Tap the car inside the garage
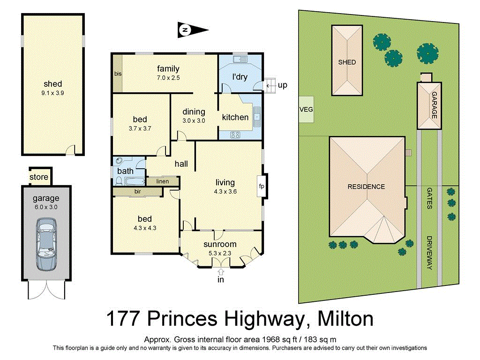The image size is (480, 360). [x=46, y=246]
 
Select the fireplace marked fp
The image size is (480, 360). [x=262, y=186]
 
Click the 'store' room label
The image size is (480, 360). [x=39, y=177]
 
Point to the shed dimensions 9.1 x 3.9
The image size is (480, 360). [x=53, y=93]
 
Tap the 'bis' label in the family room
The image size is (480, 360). [x=117, y=74]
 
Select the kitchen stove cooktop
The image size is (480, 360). [x=235, y=135]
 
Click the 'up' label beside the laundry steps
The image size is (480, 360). [x=282, y=85]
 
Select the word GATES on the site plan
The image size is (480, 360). [x=429, y=198]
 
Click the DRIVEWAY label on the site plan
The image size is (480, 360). [x=429, y=253]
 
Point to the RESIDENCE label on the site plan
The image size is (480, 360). [x=366, y=187]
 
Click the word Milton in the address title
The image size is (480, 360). [x=345, y=320]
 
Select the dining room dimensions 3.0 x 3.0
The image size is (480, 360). [x=194, y=120]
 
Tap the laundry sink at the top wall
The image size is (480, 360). [x=241, y=59]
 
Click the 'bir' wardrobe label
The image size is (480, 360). [x=137, y=192]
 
